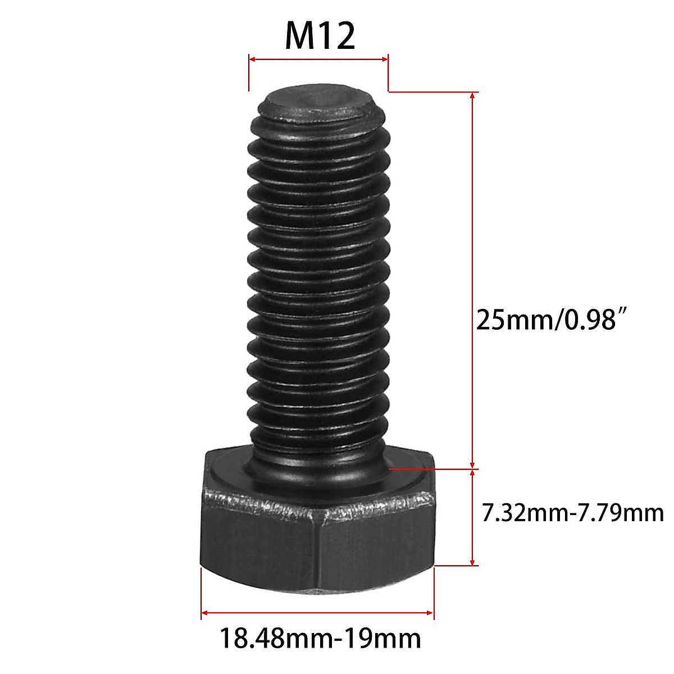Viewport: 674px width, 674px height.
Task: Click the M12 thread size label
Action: click(x=320, y=37)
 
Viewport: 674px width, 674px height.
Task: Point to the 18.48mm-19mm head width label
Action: click(x=320, y=639)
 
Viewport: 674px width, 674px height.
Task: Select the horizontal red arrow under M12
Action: click(x=318, y=58)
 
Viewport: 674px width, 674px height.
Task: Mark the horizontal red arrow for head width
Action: click(x=317, y=612)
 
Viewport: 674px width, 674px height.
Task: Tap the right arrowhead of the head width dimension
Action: click(x=430, y=612)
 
